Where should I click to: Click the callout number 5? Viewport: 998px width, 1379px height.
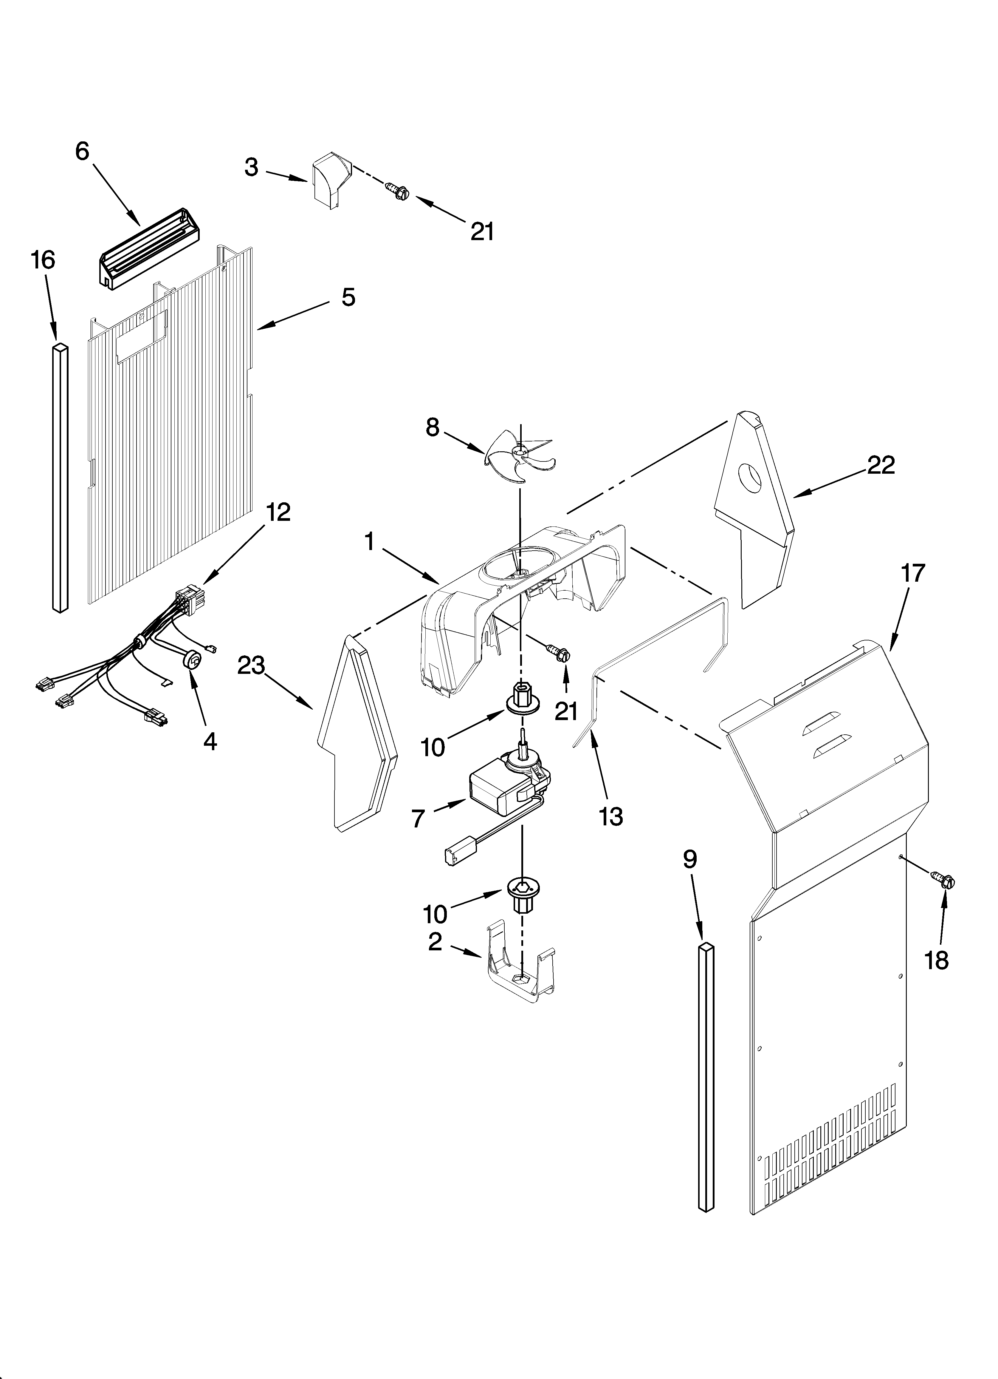click(x=348, y=297)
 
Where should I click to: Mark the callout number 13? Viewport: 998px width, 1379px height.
click(x=611, y=817)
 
